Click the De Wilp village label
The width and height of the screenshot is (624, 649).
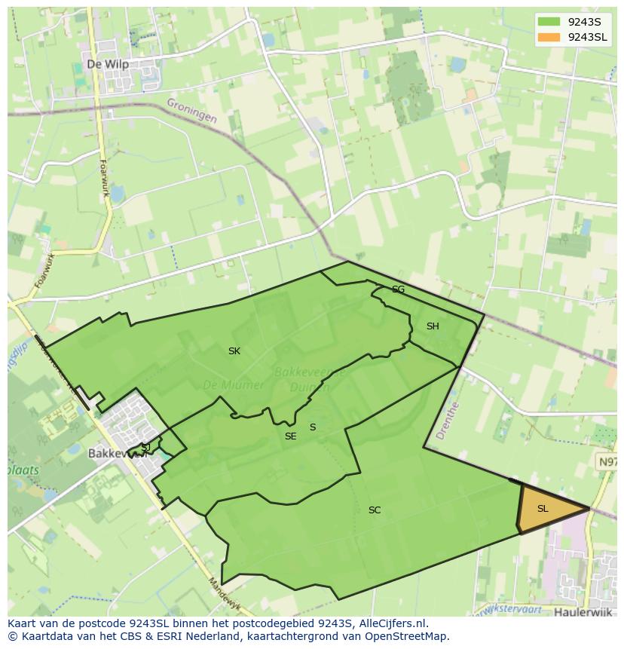coord(108,64)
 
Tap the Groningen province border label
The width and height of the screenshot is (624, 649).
coord(191,111)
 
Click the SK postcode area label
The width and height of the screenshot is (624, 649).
coord(234,351)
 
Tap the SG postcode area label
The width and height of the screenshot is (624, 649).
coord(398,289)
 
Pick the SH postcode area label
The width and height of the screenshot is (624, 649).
coord(433,326)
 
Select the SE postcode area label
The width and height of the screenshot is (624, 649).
coord(290,436)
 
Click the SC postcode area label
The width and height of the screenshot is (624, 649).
coord(375,510)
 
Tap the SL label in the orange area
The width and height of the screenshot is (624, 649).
coord(543,509)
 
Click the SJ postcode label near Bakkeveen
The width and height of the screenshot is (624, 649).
coord(145,447)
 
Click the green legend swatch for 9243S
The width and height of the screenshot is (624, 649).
coord(549,22)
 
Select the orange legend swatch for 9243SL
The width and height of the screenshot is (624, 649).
coord(549,37)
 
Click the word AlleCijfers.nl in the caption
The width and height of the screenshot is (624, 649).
coord(391,623)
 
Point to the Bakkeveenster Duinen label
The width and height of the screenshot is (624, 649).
coord(309,379)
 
